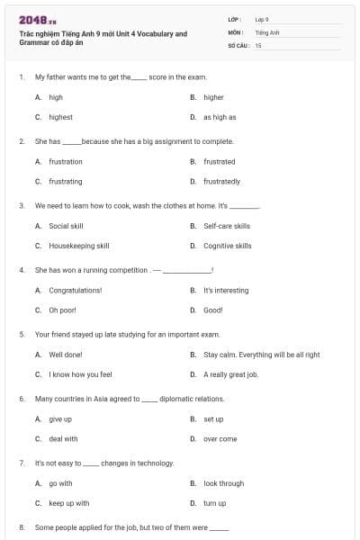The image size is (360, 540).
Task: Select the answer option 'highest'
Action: (x=60, y=117)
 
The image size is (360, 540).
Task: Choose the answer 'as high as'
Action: (x=220, y=117)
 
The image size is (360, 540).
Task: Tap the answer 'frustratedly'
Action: (x=221, y=181)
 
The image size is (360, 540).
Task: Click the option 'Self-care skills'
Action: (x=227, y=226)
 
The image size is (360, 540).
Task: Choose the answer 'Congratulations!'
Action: (x=75, y=291)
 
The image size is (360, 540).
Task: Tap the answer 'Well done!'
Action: (x=66, y=355)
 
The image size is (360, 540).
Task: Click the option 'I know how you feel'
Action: (x=80, y=374)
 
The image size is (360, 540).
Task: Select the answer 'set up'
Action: (x=213, y=419)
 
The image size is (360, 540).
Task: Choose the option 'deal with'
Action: (x=63, y=439)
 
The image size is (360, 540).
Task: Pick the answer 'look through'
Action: (x=223, y=483)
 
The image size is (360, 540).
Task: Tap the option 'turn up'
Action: (x=215, y=503)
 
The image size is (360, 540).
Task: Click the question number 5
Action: (x=21, y=334)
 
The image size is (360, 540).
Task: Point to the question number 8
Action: (x=21, y=527)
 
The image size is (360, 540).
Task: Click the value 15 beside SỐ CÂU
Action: (x=258, y=44)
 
